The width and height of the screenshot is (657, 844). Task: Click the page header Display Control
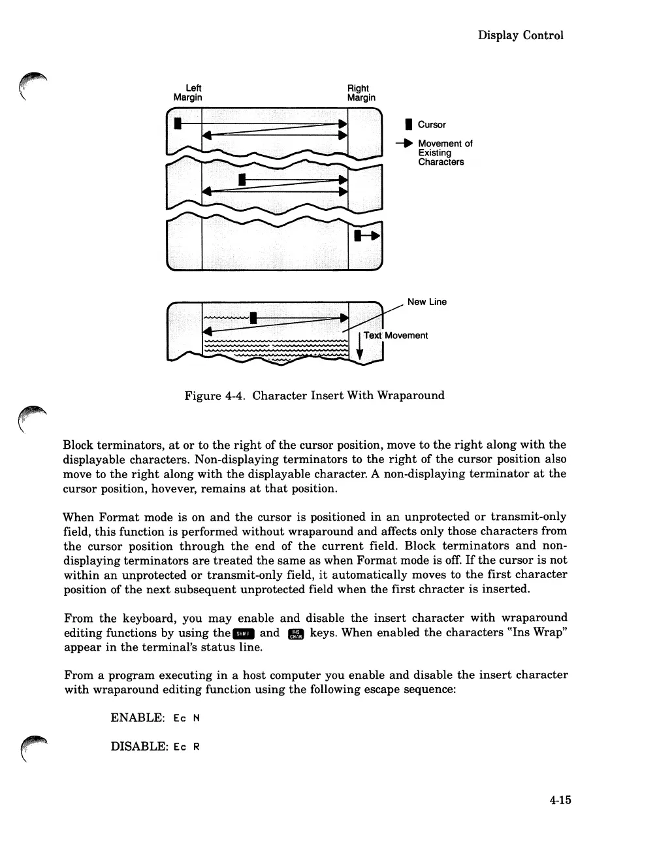pyautogui.click(x=520, y=35)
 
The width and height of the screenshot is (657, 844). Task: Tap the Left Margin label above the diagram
pyautogui.click(x=188, y=93)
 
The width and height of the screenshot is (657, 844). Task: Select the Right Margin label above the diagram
pyautogui.click(x=361, y=93)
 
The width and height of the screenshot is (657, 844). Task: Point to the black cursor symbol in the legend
pyautogui.click(x=408, y=124)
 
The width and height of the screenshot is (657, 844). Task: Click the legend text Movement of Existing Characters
pyautogui.click(x=444, y=153)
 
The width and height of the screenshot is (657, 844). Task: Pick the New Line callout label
pyautogui.click(x=426, y=302)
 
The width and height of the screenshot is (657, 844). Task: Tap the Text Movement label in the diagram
pyautogui.click(x=396, y=335)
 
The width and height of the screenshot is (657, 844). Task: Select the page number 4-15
pyautogui.click(x=560, y=800)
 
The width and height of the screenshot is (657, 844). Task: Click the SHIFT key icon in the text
pyautogui.click(x=244, y=633)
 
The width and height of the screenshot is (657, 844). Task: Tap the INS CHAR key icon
pyautogui.click(x=296, y=633)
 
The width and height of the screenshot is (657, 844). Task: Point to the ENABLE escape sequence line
pyautogui.click(x=155, y=717)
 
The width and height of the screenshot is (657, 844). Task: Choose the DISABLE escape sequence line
pyautogui.click(x=155, y=746)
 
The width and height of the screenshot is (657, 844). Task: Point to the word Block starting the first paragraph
pyautogui.click(x=79, y=445)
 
